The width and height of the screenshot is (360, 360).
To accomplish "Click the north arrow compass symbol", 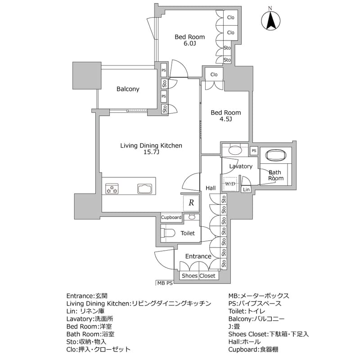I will [x=270, y=20].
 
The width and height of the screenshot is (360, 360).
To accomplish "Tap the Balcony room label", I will [x=128, y=89].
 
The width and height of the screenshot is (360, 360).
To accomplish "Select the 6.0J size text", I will [x=189, y=44].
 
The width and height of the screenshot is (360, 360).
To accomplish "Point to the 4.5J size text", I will [x=226, y=119].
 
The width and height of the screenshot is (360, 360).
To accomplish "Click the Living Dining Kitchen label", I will [x=151, y=145].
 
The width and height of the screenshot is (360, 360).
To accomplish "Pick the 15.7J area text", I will [x=151, y=153].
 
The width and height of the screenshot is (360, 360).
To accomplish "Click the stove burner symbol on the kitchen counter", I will [x=112, y=189].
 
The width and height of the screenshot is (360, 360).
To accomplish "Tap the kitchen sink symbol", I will [x=145, y=189].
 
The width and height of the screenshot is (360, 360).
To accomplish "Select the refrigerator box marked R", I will [x=191, y=203].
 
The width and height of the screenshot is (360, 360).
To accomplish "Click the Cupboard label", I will [x=171, y=217].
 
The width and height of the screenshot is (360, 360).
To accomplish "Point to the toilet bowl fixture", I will [x=168, y=233].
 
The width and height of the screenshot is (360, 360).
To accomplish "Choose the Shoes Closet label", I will [x=198, y=276].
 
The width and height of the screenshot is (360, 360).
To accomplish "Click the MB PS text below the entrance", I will [x=165, y=283].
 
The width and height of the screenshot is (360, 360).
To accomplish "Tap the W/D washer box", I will [x=230, y=184].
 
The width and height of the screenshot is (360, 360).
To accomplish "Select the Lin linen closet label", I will [x=246, y=190].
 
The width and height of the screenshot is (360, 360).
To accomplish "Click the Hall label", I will [x=210, y=188].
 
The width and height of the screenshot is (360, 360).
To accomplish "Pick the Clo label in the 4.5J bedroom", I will [x=214, y=74].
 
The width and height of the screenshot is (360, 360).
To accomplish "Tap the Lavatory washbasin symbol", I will [x=234, y=151].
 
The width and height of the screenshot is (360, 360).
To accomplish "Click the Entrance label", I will [x=198, y=256].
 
